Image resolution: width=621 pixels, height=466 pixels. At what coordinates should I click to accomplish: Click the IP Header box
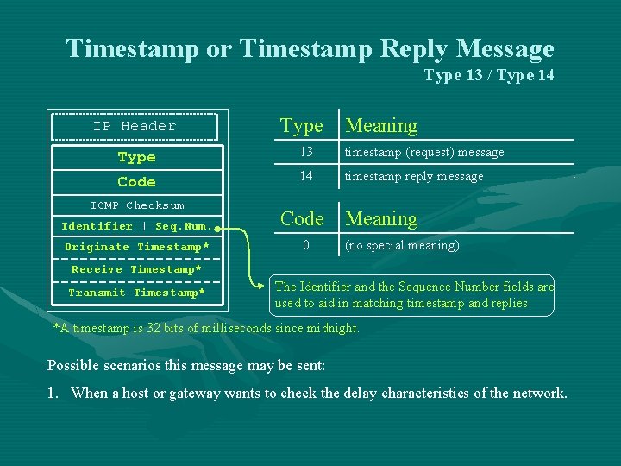pyautogui.click(x=135, y=126)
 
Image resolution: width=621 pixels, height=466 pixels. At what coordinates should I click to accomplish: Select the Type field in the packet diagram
pyautogui.click(x=137, y=157)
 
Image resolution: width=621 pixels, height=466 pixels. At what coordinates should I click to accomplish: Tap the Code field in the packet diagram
pyautogui.click(x=137, y=182)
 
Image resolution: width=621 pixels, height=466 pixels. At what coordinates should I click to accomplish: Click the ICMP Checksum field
pyautogui.click(x=137, y=205)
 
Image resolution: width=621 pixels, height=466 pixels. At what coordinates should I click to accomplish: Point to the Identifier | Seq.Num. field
pyautogui.click(x=135, y=226)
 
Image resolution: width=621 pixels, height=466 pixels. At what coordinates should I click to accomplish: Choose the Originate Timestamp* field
pyautogui.click(x=137, y=247)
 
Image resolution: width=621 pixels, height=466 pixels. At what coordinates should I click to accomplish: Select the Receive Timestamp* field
pyautogui.click(x=137, y=269)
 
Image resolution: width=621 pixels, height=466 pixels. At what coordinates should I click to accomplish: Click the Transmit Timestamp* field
pyautogui.click(x=137, y=293)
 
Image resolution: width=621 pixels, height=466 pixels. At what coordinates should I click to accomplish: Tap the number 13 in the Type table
pyautogui.click(x=305, y=153)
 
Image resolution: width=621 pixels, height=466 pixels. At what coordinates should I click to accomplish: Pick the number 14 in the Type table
pyautogui.click(x=305, y=177)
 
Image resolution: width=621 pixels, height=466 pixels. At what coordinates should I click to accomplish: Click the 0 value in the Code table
pyautogui.click(x=305, y=245)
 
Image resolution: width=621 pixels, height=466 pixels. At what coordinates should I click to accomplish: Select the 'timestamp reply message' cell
pyautogui.click(x=414, y=177)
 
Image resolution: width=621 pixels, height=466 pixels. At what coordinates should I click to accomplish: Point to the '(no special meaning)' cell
pyautogui.click(x=402, y=245)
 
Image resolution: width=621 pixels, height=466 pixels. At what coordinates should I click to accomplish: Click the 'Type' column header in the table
pyautogui.click(x=302, y=126)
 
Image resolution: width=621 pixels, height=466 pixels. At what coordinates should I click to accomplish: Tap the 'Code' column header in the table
pyautogui.click(x=302, y=219)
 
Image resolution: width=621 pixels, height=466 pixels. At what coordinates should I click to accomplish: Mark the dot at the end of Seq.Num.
pyautogui.click(x=218, y=229)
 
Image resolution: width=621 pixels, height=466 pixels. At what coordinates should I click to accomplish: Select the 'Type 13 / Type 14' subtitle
pyautogui.click(x=489, y=76)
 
